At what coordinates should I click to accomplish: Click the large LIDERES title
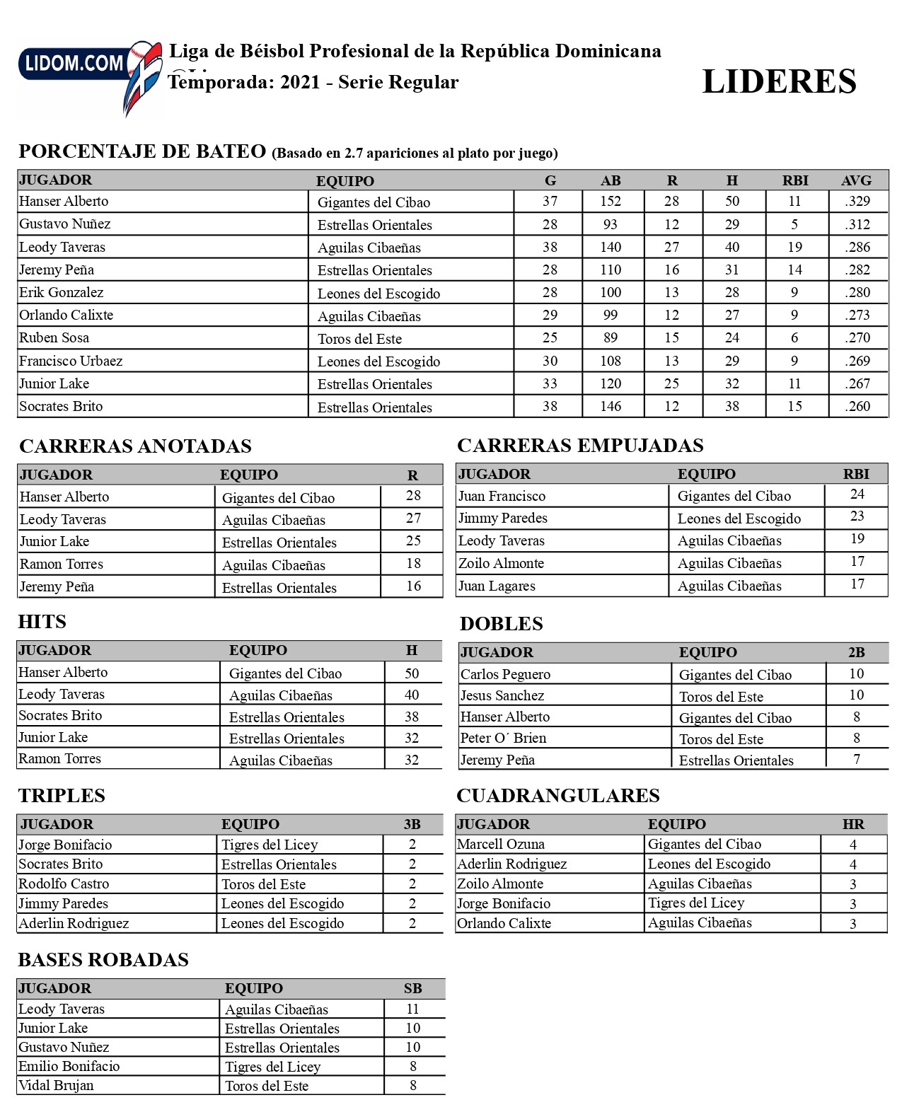tap(779, 81)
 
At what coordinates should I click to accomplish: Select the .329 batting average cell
tap(857, 202)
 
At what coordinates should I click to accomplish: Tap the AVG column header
tap(856, 180)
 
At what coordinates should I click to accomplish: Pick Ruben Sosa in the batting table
tap(54, 338)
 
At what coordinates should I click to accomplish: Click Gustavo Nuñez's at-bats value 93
tap(610, 224)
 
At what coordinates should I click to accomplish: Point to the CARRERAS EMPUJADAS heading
tap(580, 446)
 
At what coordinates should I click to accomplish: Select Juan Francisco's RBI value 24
tap(857, 494)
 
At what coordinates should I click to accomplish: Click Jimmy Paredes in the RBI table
tap(502, 519)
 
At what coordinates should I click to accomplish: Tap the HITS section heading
tap(42, 622)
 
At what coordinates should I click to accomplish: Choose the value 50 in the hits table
tap(412, 673)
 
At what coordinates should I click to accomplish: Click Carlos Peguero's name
tap(505, 674)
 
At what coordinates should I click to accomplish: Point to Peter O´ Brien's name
tap(503, 739)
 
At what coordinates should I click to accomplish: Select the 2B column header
tap(856, 652)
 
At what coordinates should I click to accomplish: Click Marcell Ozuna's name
tap(500, 844)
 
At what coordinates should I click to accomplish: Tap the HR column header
tap(853, 824)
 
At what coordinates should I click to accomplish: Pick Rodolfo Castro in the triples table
tap(64, 884)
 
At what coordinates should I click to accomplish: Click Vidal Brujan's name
tap(56, 1085)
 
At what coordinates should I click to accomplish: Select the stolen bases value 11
tap(412, 1009)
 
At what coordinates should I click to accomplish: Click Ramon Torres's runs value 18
tap(413, 564)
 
